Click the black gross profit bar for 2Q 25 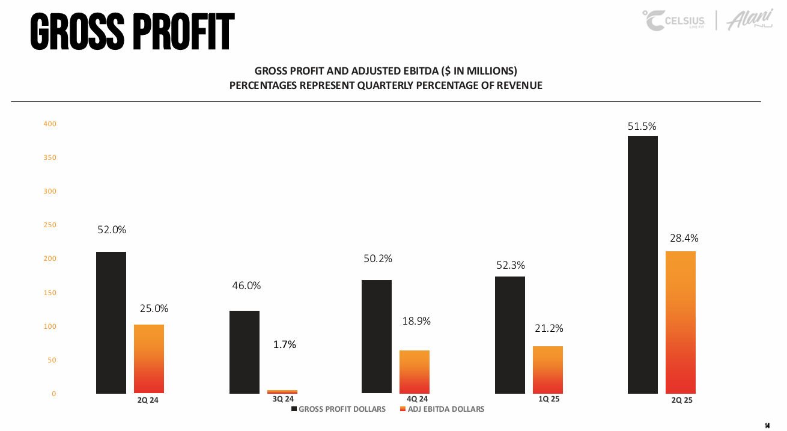(642, 264)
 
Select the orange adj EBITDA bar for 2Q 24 (149, 359)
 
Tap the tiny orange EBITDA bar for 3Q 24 (282, 391)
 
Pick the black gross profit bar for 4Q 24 (377, 337)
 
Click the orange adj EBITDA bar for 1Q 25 (548, 370)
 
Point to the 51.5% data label (643, 126)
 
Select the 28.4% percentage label (684, 239)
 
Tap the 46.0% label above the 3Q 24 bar (246, 286)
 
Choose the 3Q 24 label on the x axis (283, 399)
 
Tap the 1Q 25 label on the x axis (548, 399)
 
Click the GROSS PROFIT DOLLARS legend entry (339, 409)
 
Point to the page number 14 (767, 425)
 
